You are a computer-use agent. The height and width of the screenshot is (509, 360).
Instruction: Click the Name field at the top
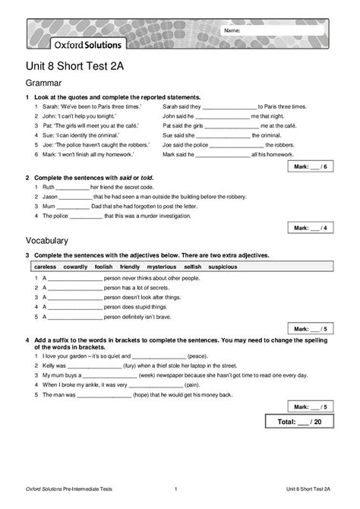[281, 30]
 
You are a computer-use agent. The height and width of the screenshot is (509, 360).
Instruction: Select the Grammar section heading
[44, 83]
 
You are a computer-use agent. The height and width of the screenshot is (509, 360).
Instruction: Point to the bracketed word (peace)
[200, 356]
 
